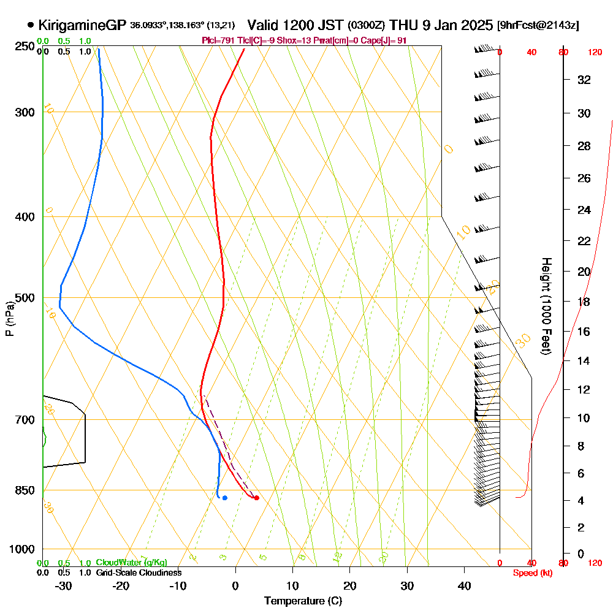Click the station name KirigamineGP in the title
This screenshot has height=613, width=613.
[x=82, y=25]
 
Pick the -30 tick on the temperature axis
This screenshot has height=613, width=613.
[x=64, y=585]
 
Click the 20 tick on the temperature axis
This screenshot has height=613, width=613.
[x=349, y=585]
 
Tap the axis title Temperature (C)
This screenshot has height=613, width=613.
[x=303, y=601]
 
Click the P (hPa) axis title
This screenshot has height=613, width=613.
[x=10, y=318]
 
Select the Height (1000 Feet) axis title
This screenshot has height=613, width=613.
[x=545, y=305]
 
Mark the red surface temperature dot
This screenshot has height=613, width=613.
[x=256, y=498]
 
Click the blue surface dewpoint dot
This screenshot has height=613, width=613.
[x=225, y=498]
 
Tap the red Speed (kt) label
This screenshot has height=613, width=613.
[x=531, y=573]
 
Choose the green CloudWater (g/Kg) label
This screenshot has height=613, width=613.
[x=131, y=563]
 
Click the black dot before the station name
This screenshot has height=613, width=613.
[x=31, y=25]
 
